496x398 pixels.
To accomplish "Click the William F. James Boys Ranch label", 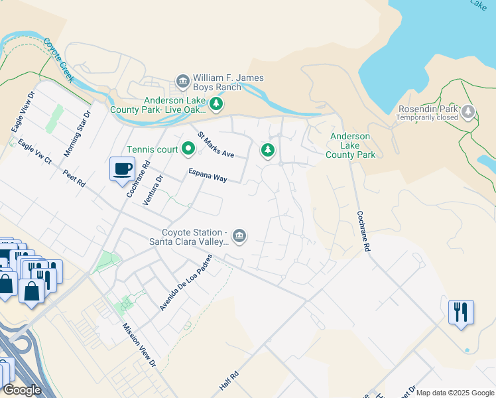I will click(228, 82).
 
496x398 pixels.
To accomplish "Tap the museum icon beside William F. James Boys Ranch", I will click(182, 82).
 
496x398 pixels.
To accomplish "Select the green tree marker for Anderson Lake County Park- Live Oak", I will click(216, 103).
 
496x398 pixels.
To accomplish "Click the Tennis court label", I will click(153, 150).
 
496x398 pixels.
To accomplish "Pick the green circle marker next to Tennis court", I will click(188, 150).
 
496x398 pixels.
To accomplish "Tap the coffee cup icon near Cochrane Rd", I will click(122, 168).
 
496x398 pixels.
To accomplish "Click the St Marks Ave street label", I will click(216, 145).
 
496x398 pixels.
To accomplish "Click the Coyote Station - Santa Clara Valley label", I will click(196, 237).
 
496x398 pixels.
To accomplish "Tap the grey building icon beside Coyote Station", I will click(239, 235).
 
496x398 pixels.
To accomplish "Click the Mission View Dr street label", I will click(139, 345).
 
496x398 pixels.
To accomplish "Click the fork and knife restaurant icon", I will click(461, 310).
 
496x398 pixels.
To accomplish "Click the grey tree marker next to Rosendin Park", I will click(469, 111).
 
